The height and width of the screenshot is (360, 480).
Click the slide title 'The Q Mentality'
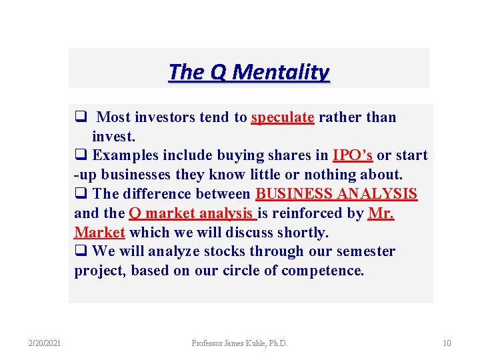click(249, 71)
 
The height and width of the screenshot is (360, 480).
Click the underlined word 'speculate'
click(283, 118)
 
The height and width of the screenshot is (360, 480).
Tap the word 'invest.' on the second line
click(114, 137)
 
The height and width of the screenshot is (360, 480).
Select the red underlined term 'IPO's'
click(353, 156)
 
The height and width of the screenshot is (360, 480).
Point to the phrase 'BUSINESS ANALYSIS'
click(337, 194)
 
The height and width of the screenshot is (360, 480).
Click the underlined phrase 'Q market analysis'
click(192, 213)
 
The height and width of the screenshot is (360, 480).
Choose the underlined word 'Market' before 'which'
click(100, 233)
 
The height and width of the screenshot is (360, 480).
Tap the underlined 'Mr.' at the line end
click(381, 213)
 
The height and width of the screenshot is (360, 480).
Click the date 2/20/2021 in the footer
click(45, 343)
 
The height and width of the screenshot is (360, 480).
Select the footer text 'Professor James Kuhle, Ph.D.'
click(239, 343)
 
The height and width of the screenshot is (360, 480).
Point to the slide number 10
click(447, 343)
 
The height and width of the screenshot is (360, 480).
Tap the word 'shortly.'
click(303, 233)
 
